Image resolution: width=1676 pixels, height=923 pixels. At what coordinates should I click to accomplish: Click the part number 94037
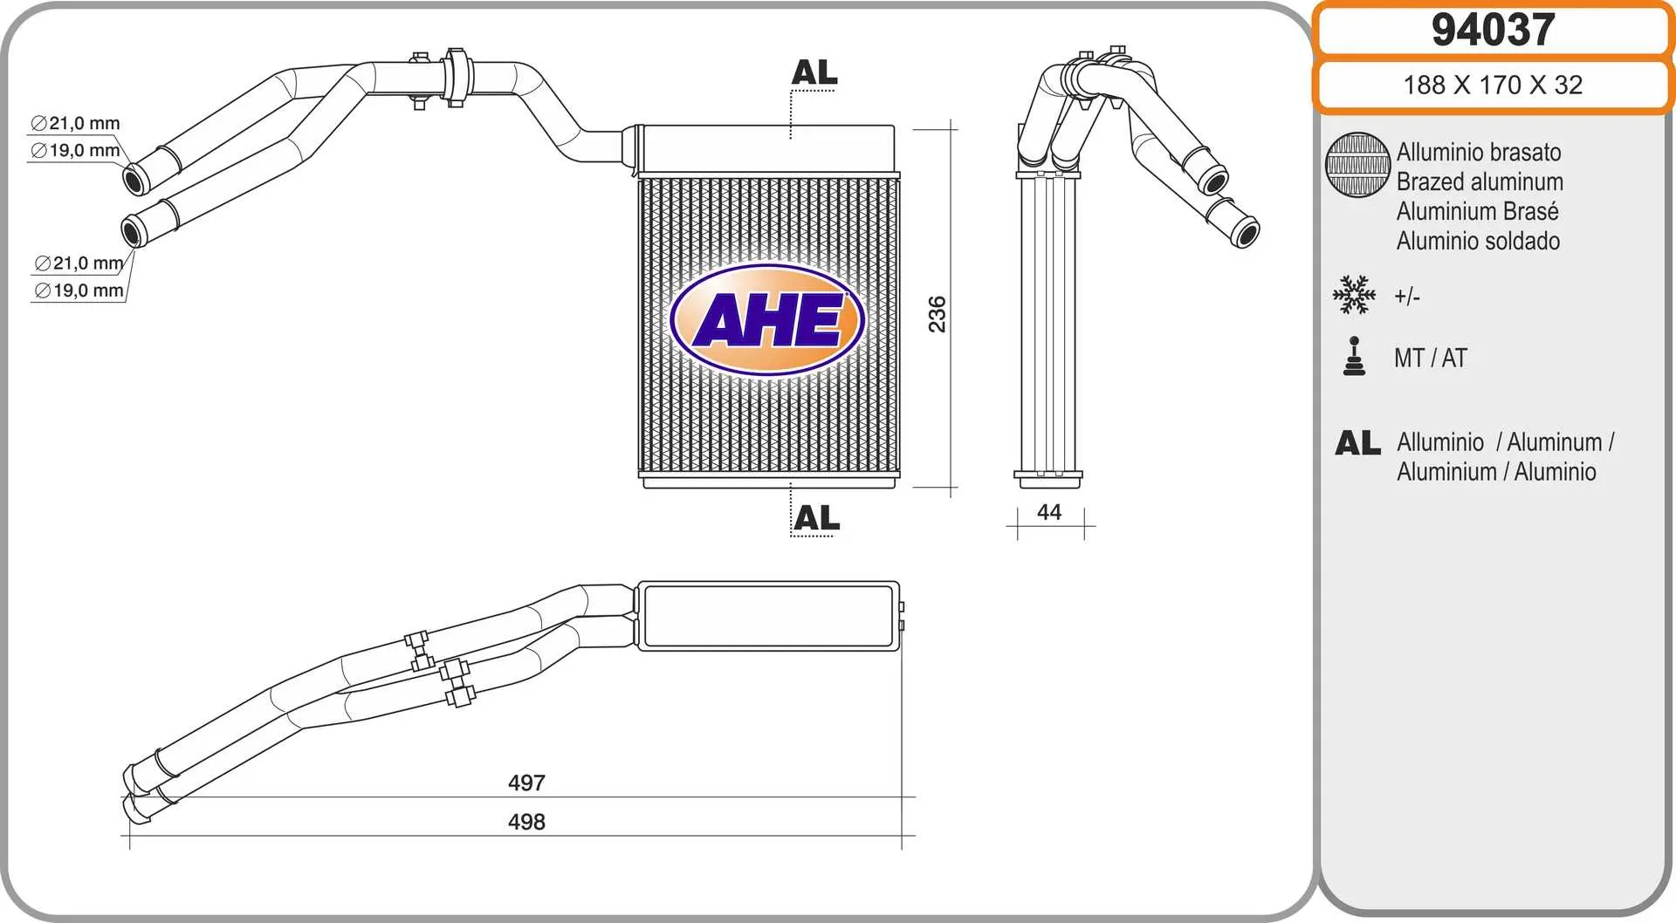tap(1493, 31)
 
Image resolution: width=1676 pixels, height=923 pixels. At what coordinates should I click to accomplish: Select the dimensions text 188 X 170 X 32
tap(1493, 85)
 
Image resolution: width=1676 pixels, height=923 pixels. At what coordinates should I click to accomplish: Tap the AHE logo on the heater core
tap(767, 320)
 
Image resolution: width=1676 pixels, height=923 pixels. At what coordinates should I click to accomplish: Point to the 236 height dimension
tap(938, 314)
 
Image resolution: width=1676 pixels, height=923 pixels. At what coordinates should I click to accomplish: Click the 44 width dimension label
tap(1049, 512)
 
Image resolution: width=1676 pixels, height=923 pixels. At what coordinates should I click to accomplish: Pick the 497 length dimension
tap(526, 783)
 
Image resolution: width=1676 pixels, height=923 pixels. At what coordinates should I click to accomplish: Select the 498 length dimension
tap(526, 822)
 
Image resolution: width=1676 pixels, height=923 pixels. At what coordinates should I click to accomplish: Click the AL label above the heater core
tap(814, 72)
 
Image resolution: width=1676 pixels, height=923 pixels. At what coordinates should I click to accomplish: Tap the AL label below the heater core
tap(816, 518)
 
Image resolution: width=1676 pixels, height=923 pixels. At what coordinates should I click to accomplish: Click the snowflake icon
tap(1354, 295)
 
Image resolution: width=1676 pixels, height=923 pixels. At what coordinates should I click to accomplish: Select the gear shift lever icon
tap(1354, 357)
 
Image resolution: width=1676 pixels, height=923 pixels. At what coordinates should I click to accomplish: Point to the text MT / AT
tap(1430, 358)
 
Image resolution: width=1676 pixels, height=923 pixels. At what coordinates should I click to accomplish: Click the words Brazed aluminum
tap(1480, 181)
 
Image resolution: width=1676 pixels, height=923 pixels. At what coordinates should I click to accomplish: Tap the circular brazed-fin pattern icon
tap(1357, 165)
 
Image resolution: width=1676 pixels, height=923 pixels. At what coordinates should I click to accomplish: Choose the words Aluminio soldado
tap(1478, 241)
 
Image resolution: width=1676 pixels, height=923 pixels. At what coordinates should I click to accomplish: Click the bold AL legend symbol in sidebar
tap(1357, 443)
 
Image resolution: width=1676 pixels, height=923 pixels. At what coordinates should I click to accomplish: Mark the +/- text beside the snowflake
tap(1407, 297)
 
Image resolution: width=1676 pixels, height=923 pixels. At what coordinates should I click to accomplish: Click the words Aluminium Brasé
tap(1477, 211)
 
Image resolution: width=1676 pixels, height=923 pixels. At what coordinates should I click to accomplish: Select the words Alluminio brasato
tap(1479, 152)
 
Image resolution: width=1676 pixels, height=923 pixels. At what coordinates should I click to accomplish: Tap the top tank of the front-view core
tap(766, 148)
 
